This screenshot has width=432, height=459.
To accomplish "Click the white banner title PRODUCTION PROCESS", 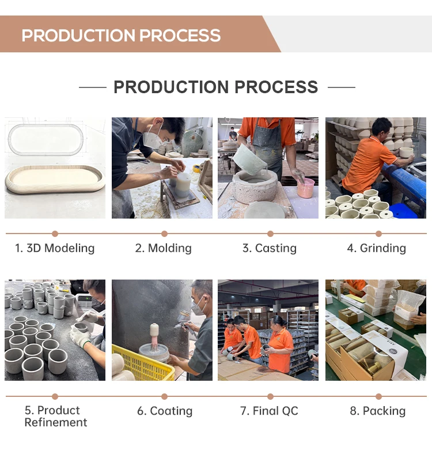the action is tap(121, 35).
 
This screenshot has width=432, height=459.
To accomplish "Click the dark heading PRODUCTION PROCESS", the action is tap(215, 87).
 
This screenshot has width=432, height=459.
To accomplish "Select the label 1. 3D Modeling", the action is tap(55, 248).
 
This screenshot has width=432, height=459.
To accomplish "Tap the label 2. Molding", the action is tap(163, 248).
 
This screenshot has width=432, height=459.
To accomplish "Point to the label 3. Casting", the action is tap(270, 248).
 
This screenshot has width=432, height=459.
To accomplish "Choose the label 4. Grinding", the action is tap(376, 248).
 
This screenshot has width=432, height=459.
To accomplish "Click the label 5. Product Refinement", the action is tap(56, 416).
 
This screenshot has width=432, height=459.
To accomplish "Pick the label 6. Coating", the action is tap(165, 411).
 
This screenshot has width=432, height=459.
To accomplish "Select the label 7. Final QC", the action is tap(269, 411).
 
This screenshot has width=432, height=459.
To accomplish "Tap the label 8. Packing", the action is tap(377, 411).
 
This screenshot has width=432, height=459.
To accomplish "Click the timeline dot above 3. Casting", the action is tap(270, 234).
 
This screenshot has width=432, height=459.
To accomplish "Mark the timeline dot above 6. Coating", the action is tap(164, 396).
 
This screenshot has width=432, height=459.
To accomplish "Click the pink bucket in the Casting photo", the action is tap(306, 189).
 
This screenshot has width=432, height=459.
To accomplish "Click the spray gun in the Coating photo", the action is tap(183, 320).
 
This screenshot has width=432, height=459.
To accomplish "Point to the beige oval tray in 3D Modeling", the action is tap(55, 179).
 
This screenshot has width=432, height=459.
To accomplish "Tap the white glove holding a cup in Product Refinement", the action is tap(80, 335).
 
